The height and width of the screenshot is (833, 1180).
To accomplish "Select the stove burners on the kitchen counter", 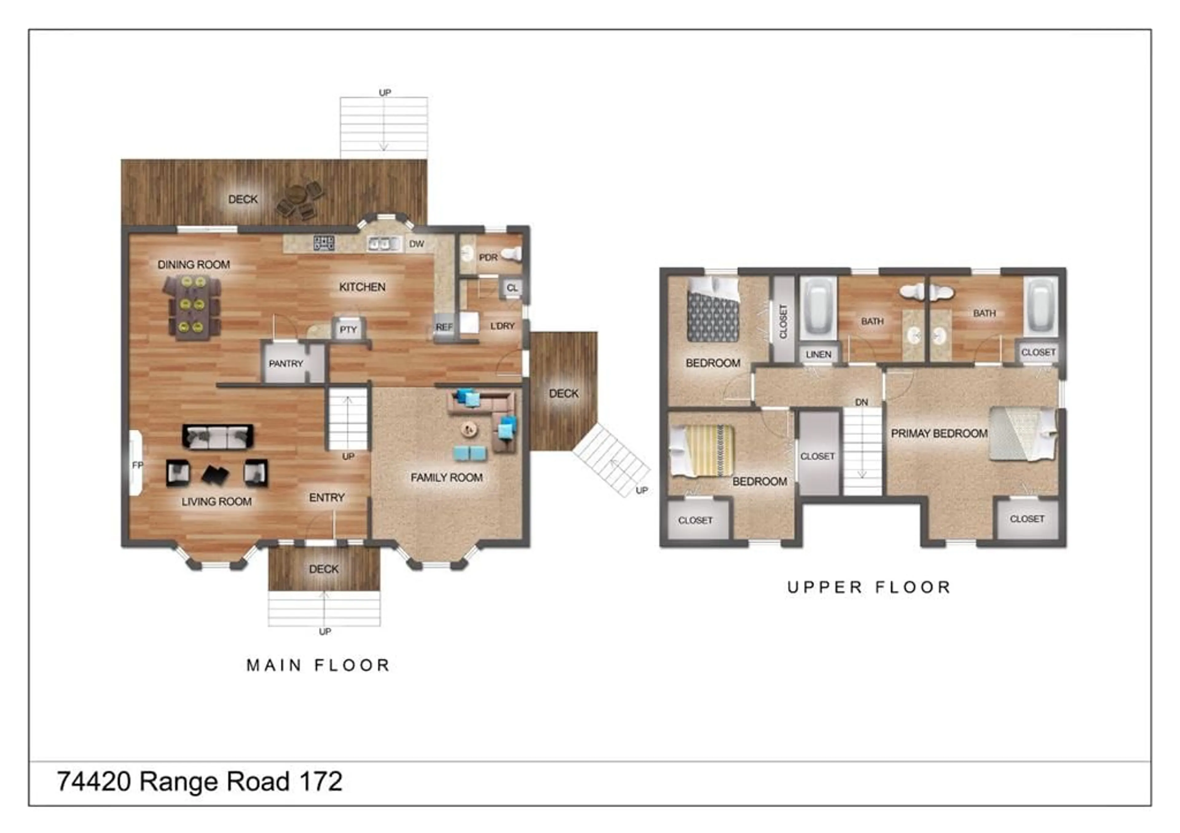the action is [324, 243].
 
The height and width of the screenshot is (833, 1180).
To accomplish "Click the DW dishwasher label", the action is [416, 244].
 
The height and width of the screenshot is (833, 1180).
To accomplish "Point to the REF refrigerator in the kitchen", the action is [444, 327].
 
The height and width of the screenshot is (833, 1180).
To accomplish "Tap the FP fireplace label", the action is [137, 465].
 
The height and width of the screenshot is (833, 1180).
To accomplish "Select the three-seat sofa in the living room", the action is [218, 436].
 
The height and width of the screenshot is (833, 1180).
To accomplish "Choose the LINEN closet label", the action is [818, 355].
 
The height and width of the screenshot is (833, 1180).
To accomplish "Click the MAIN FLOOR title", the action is [318, 666].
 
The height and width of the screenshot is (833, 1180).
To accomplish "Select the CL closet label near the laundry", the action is [512, 288].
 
